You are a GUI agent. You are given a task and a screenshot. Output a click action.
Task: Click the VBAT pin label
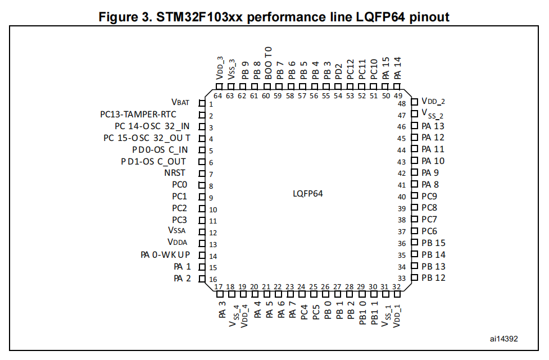pos(180,102)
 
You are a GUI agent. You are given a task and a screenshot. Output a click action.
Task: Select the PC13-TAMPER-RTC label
pos(138,115)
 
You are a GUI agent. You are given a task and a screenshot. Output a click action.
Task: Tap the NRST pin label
pos(175,173)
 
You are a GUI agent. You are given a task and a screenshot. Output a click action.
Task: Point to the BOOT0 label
pos(268,63)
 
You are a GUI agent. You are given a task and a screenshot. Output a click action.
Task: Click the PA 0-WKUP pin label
pos(165,254)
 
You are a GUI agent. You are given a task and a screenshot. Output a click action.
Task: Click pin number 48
pos(402,103)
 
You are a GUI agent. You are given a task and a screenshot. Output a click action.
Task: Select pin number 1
pos(211,104)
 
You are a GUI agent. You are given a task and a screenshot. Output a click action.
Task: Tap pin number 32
pos(396,286)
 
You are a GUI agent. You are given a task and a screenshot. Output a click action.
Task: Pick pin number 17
pos(219,287)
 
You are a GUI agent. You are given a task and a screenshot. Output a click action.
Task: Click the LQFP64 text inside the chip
pos(308,193)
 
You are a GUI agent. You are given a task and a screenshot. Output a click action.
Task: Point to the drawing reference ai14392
pos(504,339)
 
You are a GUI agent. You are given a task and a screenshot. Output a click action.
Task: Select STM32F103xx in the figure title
pos(199,17)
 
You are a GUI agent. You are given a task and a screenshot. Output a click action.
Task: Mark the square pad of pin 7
pos(202,174)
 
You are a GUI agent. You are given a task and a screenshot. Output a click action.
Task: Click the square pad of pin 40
pos(415,195)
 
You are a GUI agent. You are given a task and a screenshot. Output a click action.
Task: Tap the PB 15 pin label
pos(433,243)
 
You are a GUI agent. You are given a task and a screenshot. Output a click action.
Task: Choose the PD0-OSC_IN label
pos(160,150)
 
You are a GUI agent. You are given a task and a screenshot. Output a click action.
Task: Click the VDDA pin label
pos(178,242)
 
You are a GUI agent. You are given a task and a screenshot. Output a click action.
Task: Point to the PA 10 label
pos(433,161)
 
